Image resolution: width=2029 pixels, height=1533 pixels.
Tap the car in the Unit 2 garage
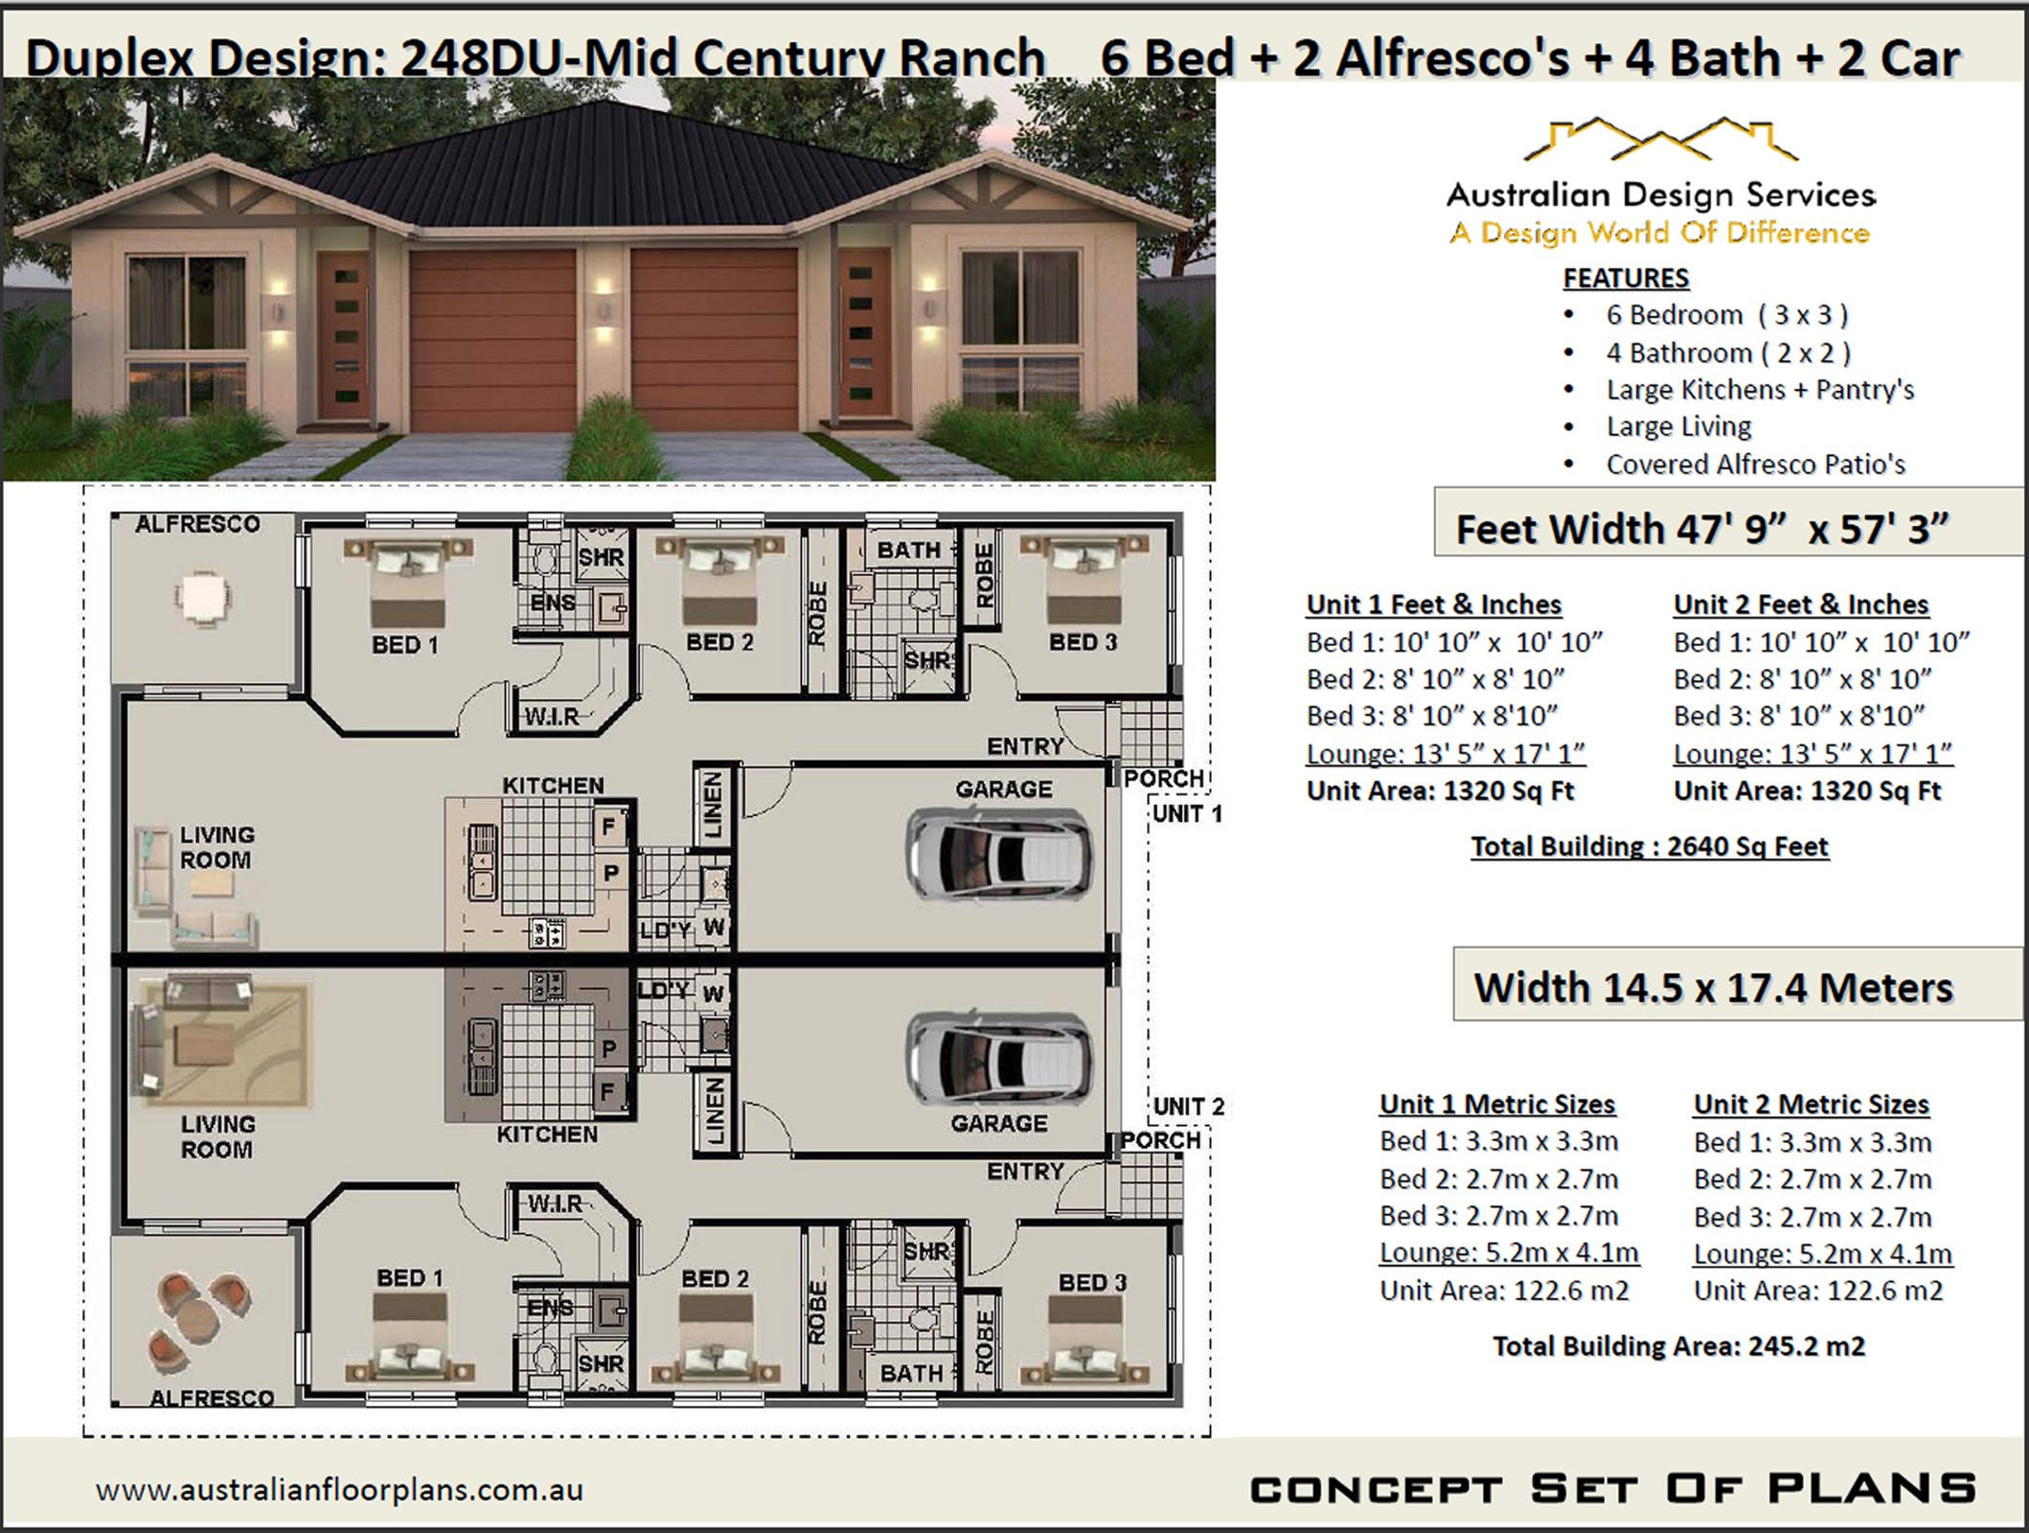point(998,1059)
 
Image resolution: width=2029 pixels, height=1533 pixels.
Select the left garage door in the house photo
point(492,340)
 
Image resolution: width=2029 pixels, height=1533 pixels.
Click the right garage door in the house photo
point(714,340)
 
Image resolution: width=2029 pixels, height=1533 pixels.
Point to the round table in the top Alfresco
point(202,598)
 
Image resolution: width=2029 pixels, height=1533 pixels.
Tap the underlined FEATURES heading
point(1626,278)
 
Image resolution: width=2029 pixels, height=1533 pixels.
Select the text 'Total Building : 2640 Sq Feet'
point(1649,847)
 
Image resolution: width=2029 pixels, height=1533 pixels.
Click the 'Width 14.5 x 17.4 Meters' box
point(1713,987)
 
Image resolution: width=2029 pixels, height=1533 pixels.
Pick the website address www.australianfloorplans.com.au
point(339,1490)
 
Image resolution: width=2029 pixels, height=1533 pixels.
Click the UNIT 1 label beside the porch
point(1187,814)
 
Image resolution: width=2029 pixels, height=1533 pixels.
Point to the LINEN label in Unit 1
point(714,806)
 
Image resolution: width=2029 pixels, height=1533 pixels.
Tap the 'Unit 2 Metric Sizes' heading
point(1811,1104)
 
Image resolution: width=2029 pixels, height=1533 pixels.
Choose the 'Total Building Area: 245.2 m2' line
point(1678,1346)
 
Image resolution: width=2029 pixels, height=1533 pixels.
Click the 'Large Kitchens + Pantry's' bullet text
point(1760,390)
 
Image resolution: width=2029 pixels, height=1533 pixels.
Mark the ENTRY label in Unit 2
point(1025,1171)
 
